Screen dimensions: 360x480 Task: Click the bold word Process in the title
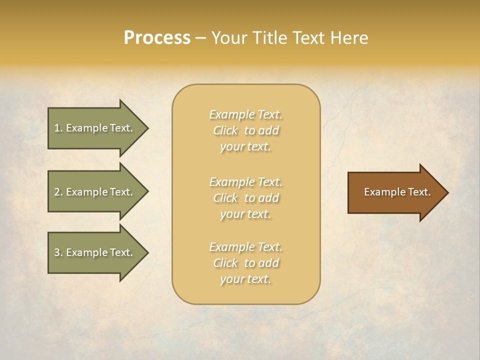coord(157,37)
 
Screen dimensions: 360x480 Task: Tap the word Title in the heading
coord(269,37)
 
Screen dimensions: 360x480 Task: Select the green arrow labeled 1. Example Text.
coord(95,128)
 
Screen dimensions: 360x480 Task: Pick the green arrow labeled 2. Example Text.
coord(95,192)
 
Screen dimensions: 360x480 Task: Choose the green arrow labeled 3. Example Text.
coord(95,252)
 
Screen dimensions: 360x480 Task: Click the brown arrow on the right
coord(395,192)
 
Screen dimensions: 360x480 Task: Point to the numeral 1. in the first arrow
coord(58,128)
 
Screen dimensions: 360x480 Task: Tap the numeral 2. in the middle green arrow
coord(58,192)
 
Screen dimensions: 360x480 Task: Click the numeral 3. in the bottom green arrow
coord(58,252)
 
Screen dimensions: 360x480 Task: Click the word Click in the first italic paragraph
coord(225,130)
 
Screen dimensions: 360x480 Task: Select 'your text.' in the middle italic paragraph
coord(245,214)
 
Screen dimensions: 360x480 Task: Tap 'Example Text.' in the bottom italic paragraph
coord(245,247)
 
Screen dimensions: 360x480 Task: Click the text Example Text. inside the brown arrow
coord(397,192)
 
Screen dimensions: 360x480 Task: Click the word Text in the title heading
coord(310,37)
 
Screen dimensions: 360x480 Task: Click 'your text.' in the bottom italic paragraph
coord(245,279)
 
